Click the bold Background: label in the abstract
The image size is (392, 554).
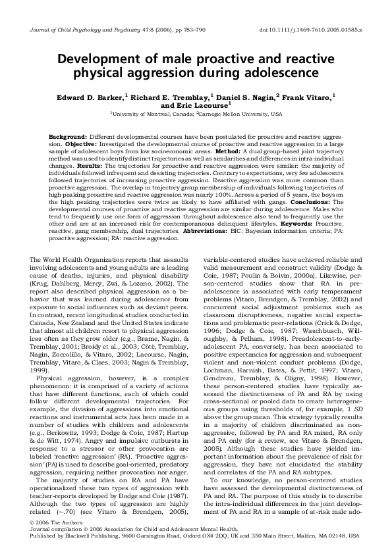pos(68,136)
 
